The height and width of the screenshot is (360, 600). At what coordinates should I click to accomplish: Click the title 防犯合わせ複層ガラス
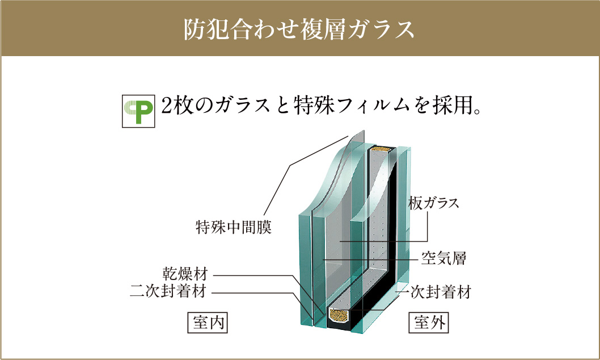(x=299, y=29)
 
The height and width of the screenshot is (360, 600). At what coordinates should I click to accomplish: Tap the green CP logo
(x=138, y=111)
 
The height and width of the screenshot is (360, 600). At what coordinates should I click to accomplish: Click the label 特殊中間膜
(x=234, y=227)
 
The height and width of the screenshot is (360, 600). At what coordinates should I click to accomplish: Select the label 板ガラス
(x=433, y=203)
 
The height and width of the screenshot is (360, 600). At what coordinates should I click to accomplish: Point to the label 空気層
(x=444, y=258)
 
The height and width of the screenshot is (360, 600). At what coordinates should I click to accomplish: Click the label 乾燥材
(x=185, y=274)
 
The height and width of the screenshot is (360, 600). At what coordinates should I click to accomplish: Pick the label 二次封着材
(x=168, y=291)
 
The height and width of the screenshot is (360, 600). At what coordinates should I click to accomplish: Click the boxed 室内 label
(x=208, y=323)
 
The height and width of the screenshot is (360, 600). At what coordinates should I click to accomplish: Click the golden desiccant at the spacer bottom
(x=338, y=315)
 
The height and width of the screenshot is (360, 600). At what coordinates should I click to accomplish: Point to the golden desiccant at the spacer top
(x=381, y=149)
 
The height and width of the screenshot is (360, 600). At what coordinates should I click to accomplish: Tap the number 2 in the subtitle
(x=167, y=106)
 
